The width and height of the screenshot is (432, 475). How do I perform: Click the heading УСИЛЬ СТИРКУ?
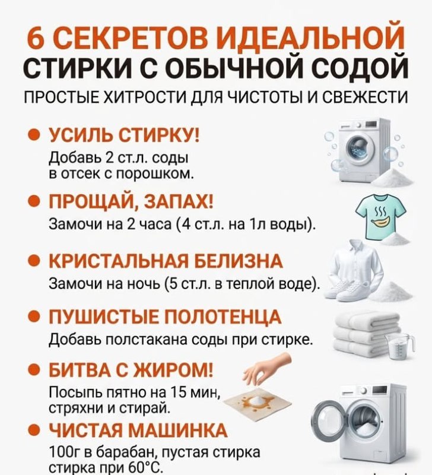click(124, 135)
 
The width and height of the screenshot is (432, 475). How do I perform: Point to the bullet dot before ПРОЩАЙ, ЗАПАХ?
click(34, 201)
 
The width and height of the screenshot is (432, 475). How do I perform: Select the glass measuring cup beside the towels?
click(399, 346)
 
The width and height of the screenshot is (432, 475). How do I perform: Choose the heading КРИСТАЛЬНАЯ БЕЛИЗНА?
click(166, 261)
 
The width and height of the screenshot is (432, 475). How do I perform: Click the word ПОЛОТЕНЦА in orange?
click(223, 317)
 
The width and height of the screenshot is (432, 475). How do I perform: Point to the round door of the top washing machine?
click(361, 146)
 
